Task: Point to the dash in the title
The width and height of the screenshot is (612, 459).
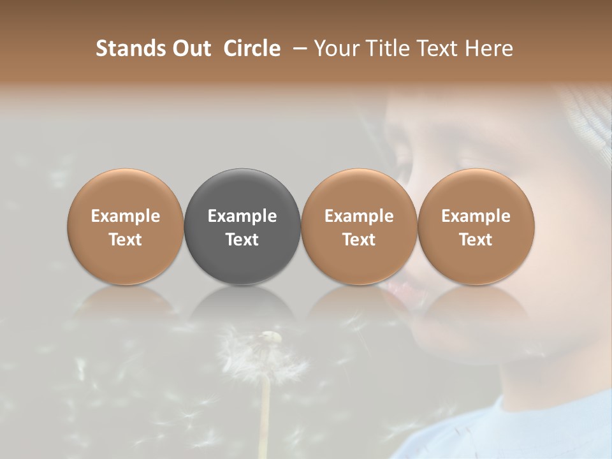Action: [297, 48]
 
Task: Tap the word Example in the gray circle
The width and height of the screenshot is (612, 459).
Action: [242, 216]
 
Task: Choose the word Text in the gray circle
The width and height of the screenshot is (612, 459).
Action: [242, 240]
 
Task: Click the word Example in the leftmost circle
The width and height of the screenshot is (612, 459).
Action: [126, 216]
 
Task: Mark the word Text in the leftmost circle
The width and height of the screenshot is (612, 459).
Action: [126, 240]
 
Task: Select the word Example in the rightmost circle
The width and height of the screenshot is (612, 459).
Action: [476, 216]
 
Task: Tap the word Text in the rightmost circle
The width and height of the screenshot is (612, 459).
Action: [476, 240]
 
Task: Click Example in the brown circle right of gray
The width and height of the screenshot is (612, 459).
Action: [359, 216]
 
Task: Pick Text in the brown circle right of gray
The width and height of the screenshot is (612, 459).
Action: [359, 240]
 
